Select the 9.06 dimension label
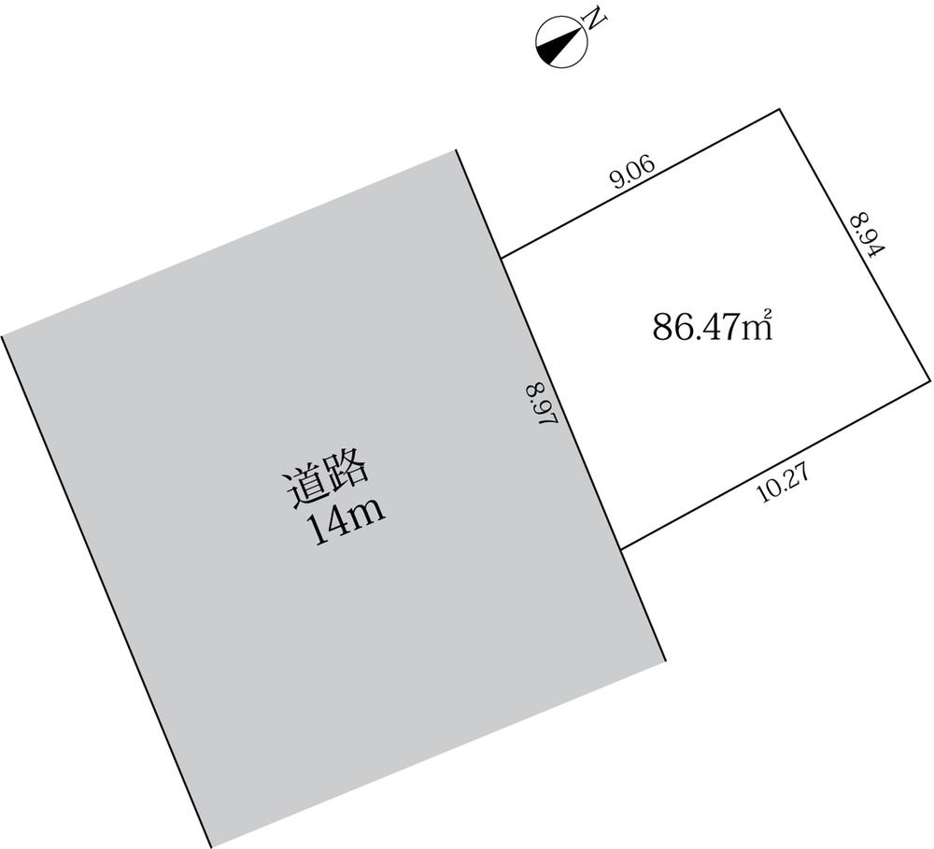(x=632, y=175)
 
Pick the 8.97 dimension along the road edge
(x=541, y=405)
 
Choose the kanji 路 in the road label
(x=352, y=474)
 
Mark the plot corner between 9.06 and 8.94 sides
(x=779, y=110)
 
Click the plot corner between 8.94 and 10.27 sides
(x=930, y=378)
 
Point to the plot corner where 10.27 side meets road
(x=621, y=548)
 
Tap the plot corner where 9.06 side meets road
(x=502, y=257)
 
